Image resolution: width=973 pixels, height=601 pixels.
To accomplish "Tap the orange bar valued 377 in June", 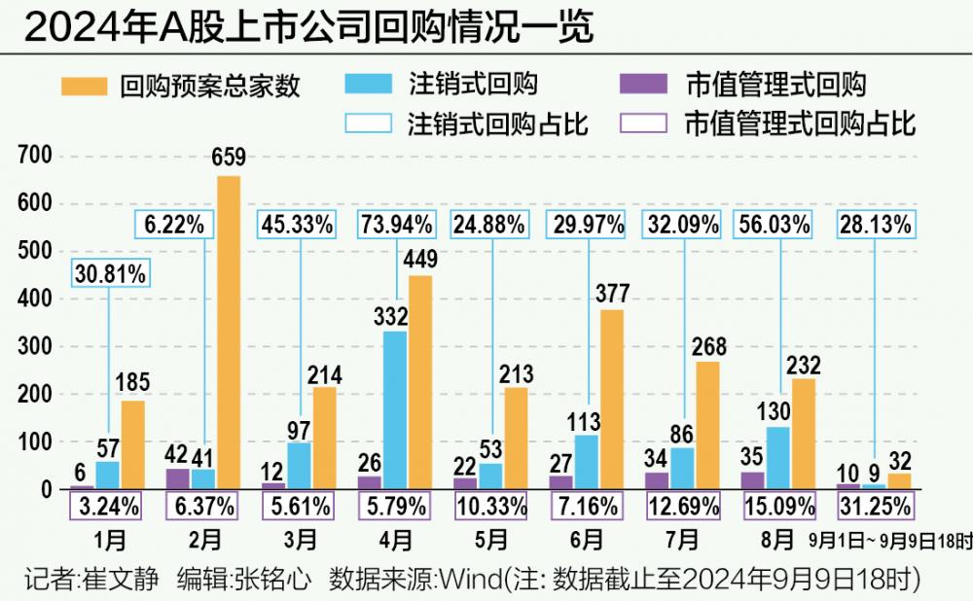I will tap(611, 400).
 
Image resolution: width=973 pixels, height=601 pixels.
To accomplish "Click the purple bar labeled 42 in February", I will tap(179, 479).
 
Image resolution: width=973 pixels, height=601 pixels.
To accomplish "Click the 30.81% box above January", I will tap(108, 273).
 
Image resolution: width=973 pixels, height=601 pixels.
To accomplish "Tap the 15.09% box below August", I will tap(777, 506).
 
